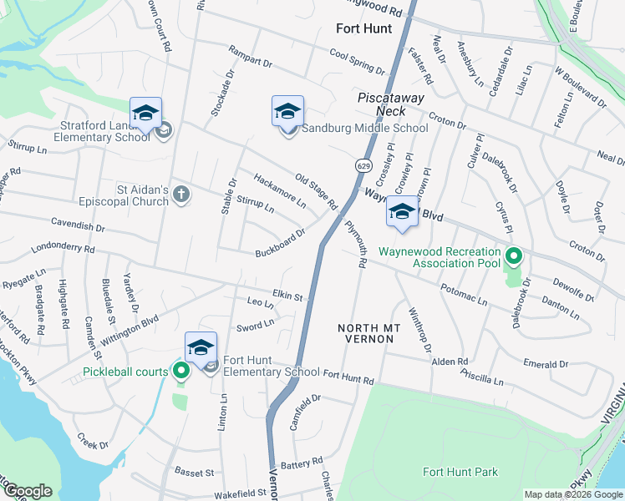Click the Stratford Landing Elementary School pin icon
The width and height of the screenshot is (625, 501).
(145, 114)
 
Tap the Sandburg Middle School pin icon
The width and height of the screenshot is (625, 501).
(287, 112)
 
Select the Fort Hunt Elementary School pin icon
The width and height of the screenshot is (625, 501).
(201, 348)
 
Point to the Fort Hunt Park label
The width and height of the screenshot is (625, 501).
(460, 472)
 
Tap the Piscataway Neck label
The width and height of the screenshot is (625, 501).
(381, 104)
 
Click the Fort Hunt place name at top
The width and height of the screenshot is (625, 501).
(363, 28)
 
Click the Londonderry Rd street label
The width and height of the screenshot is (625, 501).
(63, 249)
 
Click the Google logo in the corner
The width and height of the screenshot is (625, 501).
(28, 492)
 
